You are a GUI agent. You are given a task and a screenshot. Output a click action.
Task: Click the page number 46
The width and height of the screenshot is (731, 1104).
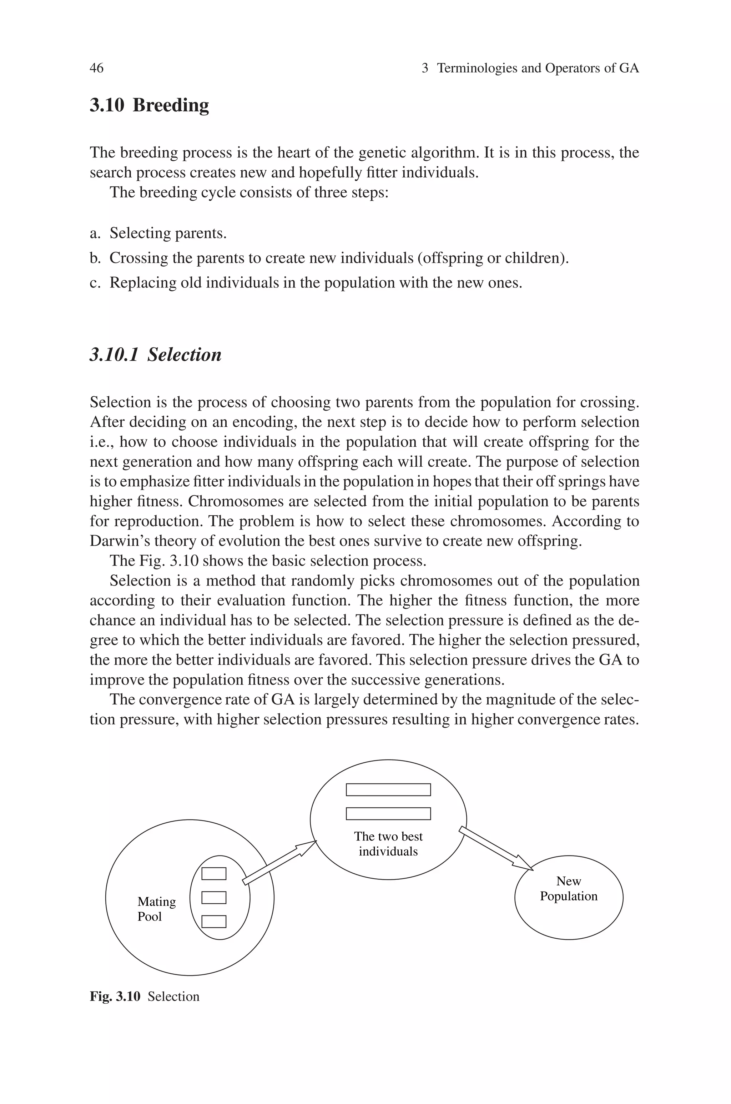pyautogui.click(x=96, y=68)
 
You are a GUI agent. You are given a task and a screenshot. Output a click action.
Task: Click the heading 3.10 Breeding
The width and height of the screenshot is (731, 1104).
pyautogui.click(x=149, y=105)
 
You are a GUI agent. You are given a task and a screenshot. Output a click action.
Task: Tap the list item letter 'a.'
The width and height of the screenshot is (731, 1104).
pyautogui.click(x=95, y=233)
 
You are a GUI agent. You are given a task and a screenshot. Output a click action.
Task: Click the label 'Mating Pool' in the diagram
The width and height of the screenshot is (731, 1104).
pyautogui.click(x=156, y=909)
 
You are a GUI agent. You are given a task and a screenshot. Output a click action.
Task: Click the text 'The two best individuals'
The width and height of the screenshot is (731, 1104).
pyautogui.click(x=388, y=843)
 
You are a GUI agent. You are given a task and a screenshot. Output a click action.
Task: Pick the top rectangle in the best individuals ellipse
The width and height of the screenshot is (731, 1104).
pyautogui.click(x=388, y=790)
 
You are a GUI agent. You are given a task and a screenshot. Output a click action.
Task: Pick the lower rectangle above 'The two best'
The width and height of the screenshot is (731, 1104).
pyautogui.click(x=388, y=814)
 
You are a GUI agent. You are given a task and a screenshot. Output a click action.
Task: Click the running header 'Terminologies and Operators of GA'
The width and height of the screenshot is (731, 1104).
pyautogui.click(x=538, y=68)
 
